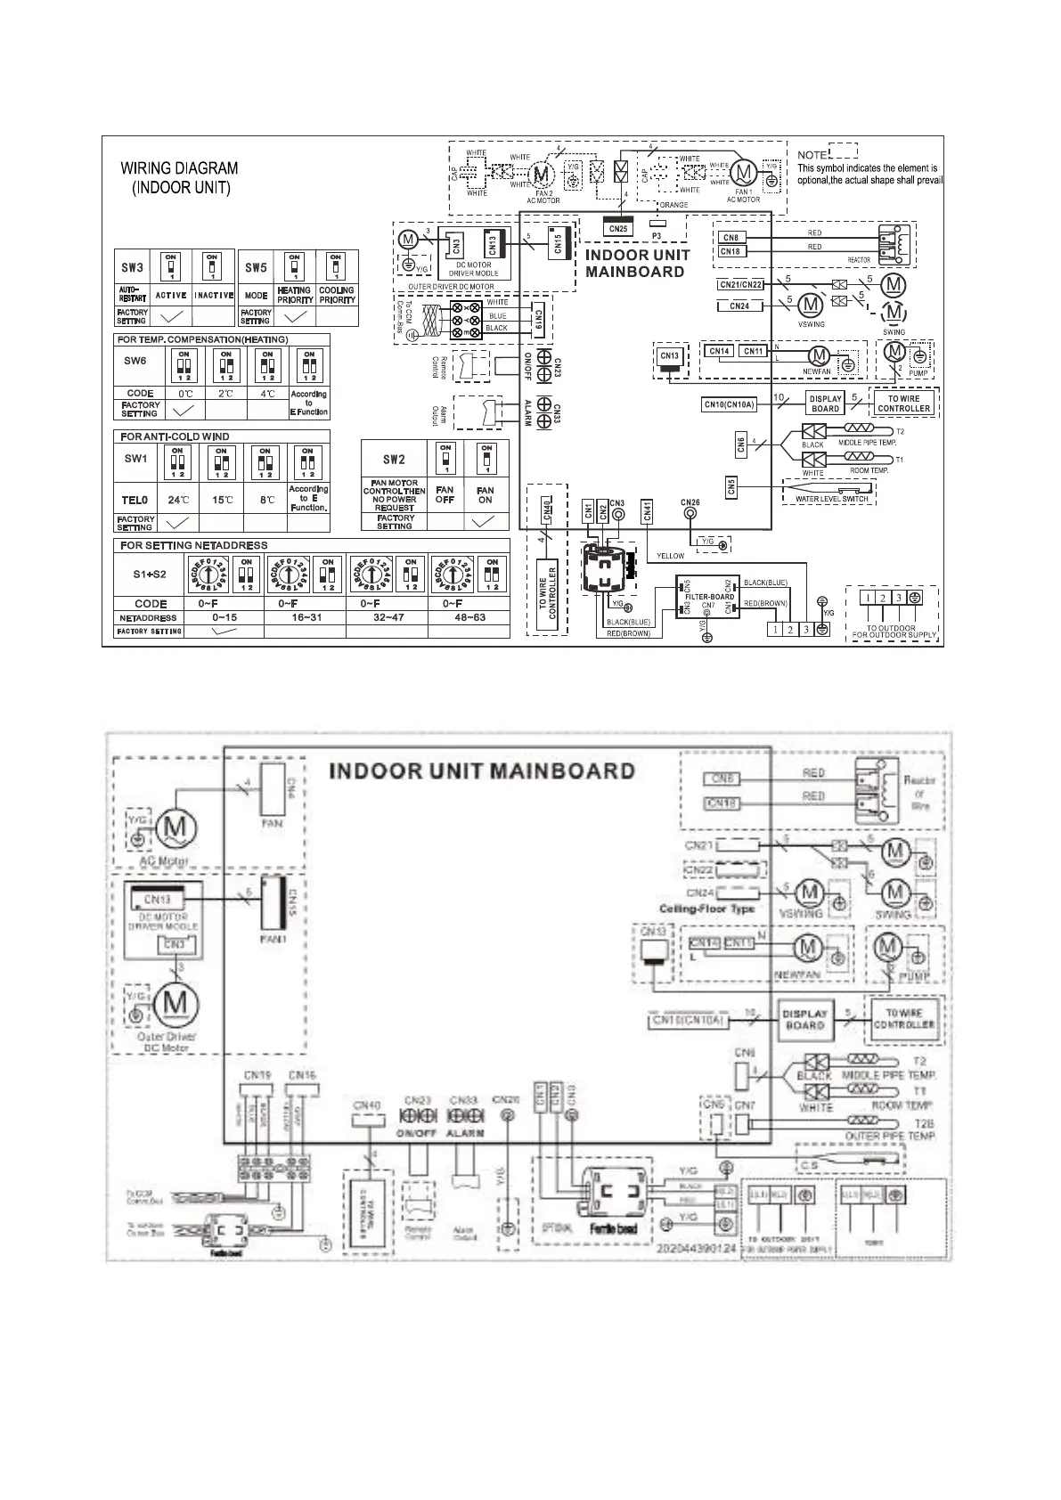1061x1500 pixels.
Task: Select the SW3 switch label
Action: click(x=132, y=267)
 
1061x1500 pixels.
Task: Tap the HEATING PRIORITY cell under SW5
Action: click(x=294, y=295)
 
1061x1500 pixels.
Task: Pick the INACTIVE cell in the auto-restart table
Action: click(x=213, y=295)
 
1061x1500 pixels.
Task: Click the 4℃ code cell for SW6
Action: click(x=267, y=393)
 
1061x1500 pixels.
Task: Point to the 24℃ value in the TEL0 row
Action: click(x=179, y=500)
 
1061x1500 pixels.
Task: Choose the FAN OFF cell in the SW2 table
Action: click(x=445, y=494)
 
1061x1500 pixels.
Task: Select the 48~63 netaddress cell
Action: click(x=469, y=617)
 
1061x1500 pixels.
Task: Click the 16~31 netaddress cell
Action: click(x=304, y=617)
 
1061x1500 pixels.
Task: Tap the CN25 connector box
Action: click(x=618, y=229)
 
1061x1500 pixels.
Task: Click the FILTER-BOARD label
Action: click(x=709, y=597)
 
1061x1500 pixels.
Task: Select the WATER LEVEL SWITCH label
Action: click(x=830, y=499)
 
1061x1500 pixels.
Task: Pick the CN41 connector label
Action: click(x=648, y=510)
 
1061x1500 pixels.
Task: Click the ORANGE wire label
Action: click(x=673, y=205)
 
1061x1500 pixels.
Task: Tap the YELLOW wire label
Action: click(x=670, y=556)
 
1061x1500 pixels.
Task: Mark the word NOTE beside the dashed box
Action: click(x=812, y=155)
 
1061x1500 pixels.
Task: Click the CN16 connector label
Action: click(x=302, y=1075)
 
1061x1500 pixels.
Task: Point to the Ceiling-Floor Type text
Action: click(x=706, y=909)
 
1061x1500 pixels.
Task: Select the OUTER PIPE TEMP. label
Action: click(x=889, y=1137)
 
